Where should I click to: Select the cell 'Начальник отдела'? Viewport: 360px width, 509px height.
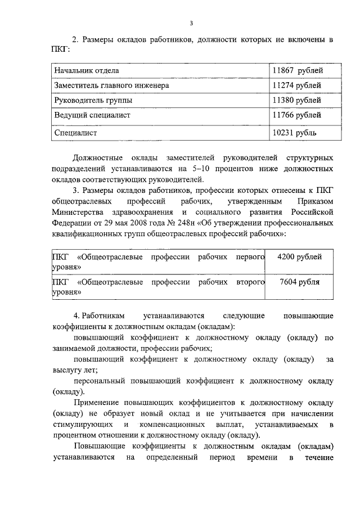pos(86,70)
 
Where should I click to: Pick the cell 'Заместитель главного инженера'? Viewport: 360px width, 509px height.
pos(111,85)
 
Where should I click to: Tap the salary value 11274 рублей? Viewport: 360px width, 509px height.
pos(297,85)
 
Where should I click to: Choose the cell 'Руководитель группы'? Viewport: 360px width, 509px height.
pos(93,100)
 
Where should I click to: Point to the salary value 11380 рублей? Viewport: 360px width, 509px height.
pos(297,100)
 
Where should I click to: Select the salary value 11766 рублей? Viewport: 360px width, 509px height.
pos(297,115)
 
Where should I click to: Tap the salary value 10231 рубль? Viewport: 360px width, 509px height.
pos(294,133)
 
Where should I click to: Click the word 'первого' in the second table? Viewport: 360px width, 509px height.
pos(250,256)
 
